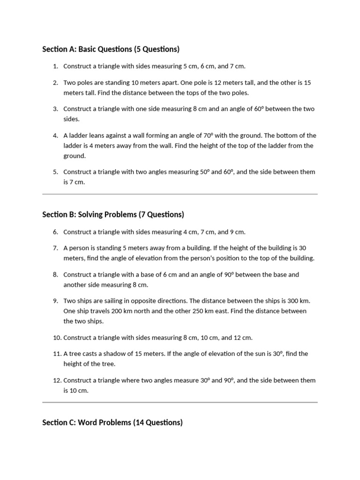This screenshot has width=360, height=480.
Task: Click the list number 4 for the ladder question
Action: (x=55, y=135)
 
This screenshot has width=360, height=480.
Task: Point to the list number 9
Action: (x=55, y=301)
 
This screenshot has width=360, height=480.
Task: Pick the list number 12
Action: (x=57, y=381)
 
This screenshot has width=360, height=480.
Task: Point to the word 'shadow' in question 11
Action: (x=117, y=354)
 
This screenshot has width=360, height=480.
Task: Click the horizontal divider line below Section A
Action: (x=180, y=194)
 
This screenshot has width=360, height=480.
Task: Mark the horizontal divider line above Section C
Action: (x=180, y=402)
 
